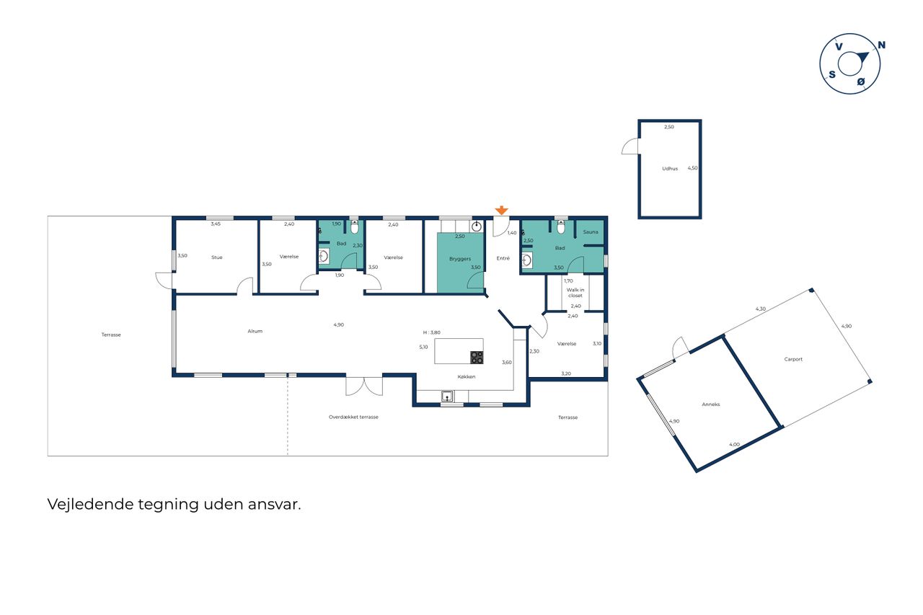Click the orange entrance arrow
[501, 210]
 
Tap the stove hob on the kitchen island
[477, 357]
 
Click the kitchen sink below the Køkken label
[448, 397]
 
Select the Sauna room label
[591, 232]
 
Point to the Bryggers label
[460, 259]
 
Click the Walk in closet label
[575, 293]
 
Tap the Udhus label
[670, 169]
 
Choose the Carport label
[793, 359]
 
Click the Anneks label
[711, 404]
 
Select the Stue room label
[217, 257]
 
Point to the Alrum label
[255, 331]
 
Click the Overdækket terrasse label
[353, 417]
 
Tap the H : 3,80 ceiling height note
[432, 332]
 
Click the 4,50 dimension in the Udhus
[693, 168]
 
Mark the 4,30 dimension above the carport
[761, 309]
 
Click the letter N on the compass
[881, 45]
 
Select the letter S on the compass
[832, 74]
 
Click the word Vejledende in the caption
[91, 505]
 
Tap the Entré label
[503, 258]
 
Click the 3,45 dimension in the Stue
[216, 224]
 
